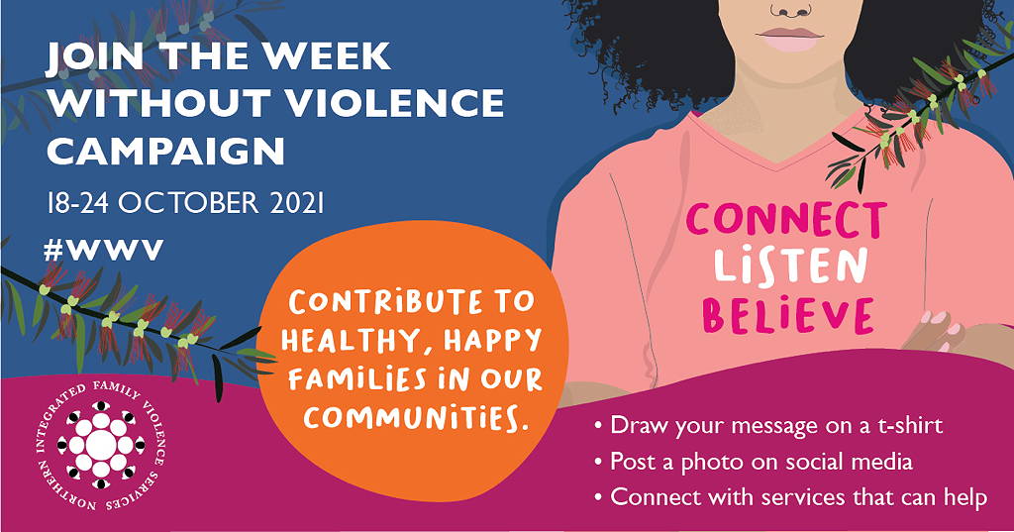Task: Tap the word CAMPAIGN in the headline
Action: coord(165,151)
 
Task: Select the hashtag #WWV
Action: coord(104,250)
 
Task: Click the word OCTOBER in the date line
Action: coord(188,203)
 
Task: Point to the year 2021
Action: coord(296,203)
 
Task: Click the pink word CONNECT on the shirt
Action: coord(786,221)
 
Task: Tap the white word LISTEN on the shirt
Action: coord(790,266)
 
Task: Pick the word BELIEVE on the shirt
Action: coord(788,315)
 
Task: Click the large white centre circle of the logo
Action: coord(100,444)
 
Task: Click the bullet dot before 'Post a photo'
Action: coord(598,463)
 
